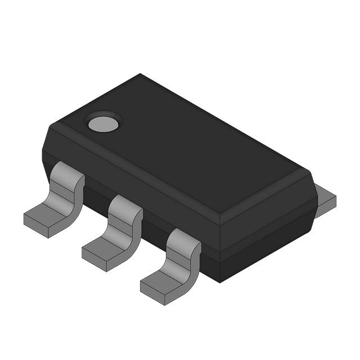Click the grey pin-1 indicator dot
point(102,123)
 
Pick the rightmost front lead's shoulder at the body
point(184,240)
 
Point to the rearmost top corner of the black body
point(140,75)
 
